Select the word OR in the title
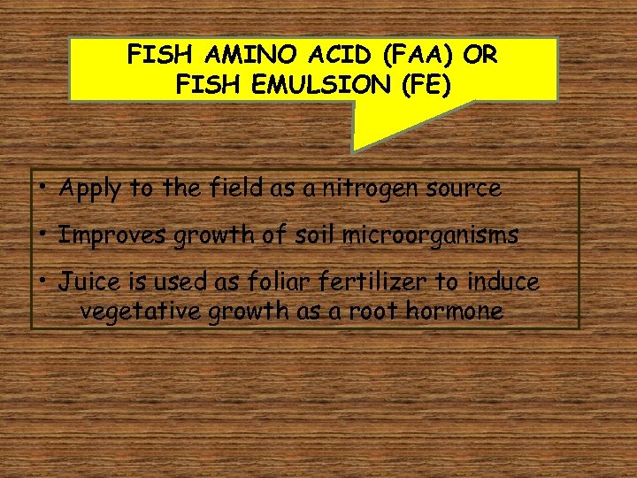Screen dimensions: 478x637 click(481, 55)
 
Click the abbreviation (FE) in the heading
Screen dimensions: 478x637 click(423, 86)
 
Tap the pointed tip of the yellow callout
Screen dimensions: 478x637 click(354, 150)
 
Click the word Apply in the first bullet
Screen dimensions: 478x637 click(90, 189)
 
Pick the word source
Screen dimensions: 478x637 click(465, 188)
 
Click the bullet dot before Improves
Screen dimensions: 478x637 click(43, 234)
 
